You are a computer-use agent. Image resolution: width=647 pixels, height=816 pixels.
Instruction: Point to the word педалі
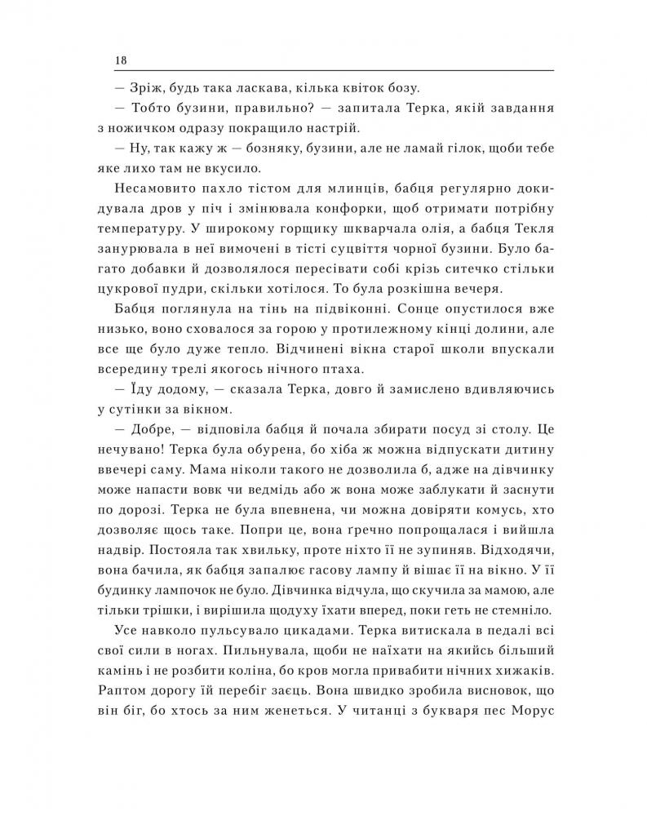click(497, 629)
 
